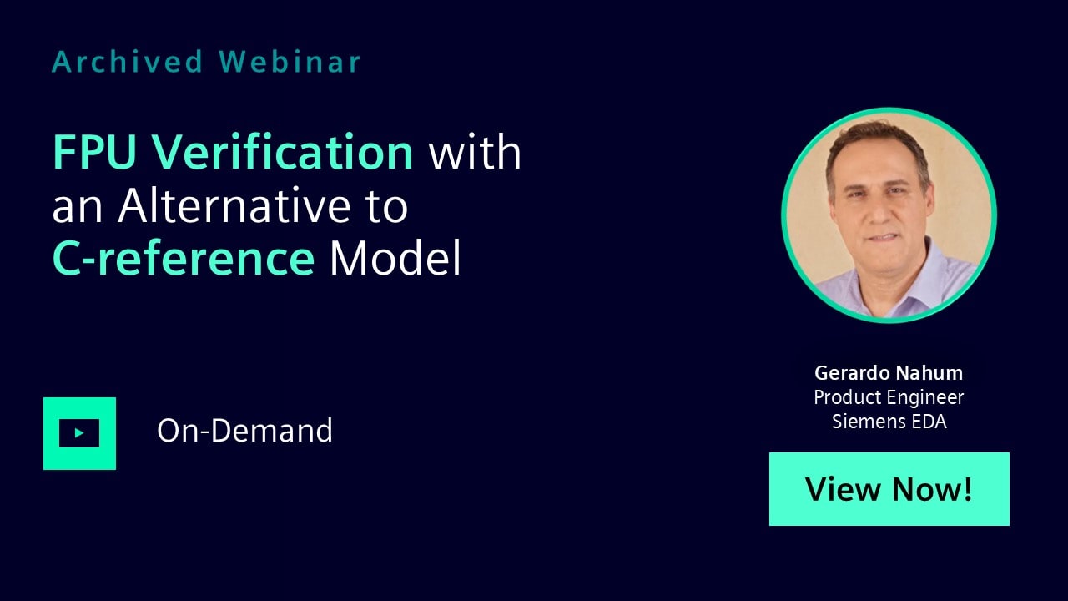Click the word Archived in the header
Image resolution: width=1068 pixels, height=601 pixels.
click(128, 62)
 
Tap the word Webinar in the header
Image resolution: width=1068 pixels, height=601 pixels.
click(290, 62)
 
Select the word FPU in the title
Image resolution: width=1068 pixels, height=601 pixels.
click(94, 152)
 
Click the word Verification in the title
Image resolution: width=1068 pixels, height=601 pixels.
click(282, 152)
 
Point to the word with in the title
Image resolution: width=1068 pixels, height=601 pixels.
click(475, 152)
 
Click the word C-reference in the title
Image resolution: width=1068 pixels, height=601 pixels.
click(184, 258)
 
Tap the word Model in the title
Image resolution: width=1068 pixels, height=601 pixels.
click(395, 258)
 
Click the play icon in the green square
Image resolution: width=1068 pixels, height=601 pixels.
click(79, 433)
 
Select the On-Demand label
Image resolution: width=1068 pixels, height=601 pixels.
click(244, 430)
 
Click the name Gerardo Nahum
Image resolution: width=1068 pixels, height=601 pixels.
click(889, 373)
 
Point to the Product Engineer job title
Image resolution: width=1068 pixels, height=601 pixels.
click(889, 397)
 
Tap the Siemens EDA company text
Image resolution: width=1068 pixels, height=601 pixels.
click(889, 422)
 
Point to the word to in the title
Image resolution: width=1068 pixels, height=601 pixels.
click(387, 206)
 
